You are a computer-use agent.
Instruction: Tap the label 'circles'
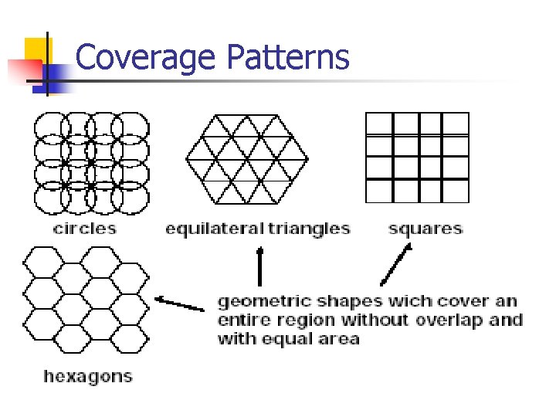click(85, 228)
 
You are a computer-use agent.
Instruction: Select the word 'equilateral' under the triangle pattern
click(212, 229)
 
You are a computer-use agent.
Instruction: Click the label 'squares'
click(425, 228)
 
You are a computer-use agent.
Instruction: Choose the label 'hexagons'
click(88, 377)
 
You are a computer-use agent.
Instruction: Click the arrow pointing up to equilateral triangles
click(259, 266)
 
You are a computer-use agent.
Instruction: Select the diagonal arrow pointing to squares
click(395, 265)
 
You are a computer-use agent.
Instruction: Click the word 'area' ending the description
click(342, 339)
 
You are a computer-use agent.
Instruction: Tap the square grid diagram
click(417, 157)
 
